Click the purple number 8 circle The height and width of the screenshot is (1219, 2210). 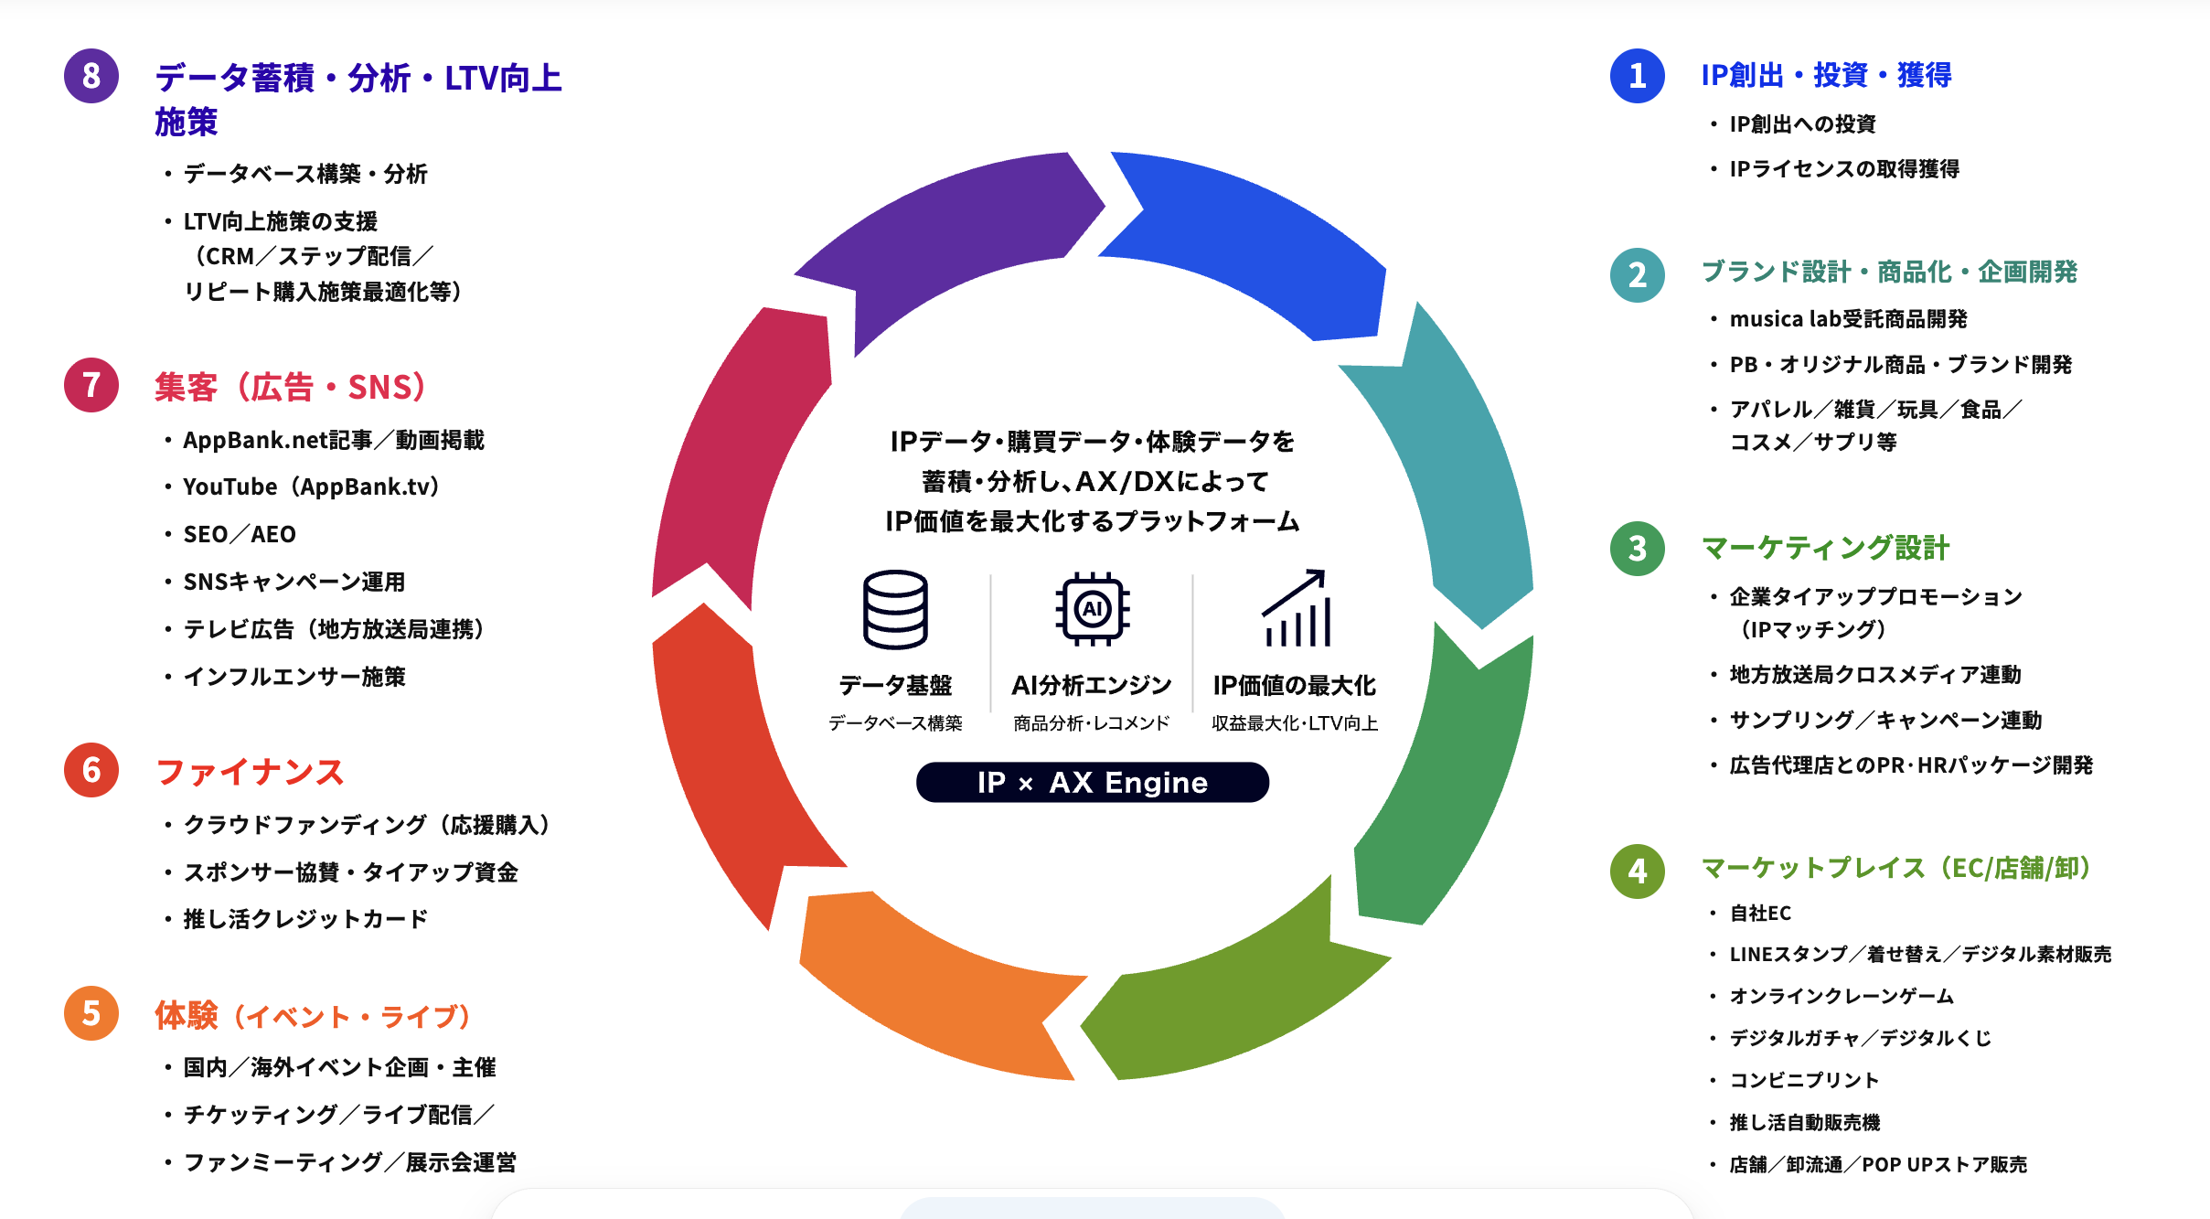click(91, 76)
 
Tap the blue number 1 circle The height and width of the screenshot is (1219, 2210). click(1637, 76)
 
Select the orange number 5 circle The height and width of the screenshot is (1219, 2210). click(91, 1013)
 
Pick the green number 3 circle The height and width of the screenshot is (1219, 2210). click(1637, 549)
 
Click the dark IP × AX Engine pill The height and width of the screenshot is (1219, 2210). click(1093, 783)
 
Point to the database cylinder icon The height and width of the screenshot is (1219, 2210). click(895, 610)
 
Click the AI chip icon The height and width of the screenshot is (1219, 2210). click(1092, 609)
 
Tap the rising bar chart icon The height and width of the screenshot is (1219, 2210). click(1296, 608)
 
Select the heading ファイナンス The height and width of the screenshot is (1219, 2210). click(250, 772)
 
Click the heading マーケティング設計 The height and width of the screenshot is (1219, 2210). click(1825, 548)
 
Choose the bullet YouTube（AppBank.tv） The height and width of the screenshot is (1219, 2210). click(312, 487)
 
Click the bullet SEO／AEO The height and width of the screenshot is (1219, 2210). click(240, 534)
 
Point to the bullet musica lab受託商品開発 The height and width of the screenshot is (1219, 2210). click(1848, 319)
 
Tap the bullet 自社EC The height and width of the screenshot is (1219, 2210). click(1760, 913)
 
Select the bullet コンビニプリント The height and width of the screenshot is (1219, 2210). click(1804, 1080)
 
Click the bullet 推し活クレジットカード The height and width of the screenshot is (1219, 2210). click(305, 919)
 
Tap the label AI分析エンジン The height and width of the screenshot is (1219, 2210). click(1092, 685)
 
